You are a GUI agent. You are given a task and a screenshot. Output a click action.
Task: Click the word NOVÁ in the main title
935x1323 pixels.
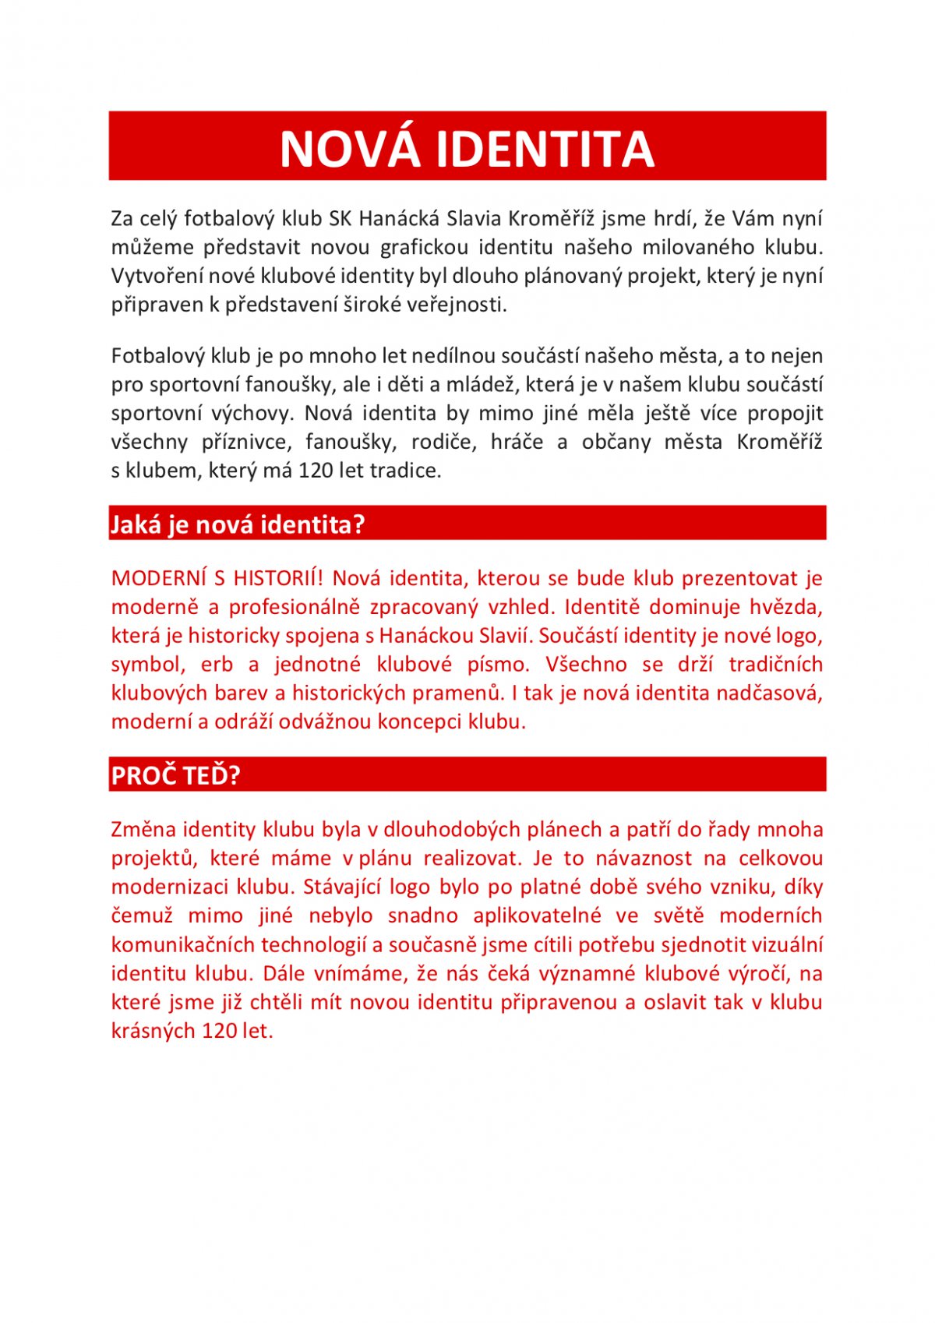point(349,148)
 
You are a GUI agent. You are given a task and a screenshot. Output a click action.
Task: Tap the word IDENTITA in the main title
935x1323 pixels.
point(545,148)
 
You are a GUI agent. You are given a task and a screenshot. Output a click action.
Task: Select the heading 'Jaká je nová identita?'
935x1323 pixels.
point(237,524)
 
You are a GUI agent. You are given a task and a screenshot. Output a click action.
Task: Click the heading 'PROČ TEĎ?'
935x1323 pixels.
point(175,776)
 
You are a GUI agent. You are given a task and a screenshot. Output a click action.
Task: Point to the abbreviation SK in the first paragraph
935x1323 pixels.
point(340,219)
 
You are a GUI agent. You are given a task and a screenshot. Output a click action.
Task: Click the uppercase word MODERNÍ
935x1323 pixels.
point(159,578)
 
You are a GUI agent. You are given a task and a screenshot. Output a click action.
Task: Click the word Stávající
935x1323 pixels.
point(341,887)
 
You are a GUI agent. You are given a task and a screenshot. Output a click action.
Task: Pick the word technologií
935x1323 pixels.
point(313,945)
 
